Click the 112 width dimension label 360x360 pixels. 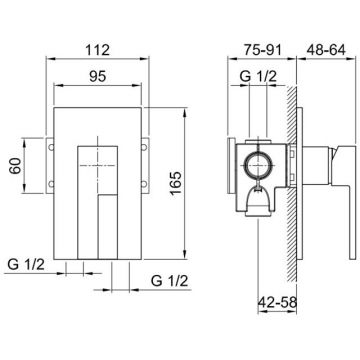97,51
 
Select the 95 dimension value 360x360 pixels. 97,77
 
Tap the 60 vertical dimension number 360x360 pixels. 15,165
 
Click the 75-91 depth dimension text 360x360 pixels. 262,50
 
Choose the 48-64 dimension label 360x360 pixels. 326,50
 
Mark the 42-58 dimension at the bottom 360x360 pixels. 277,303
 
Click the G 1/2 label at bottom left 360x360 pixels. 26,265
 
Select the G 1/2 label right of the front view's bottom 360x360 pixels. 169,281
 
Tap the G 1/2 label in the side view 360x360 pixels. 258,77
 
